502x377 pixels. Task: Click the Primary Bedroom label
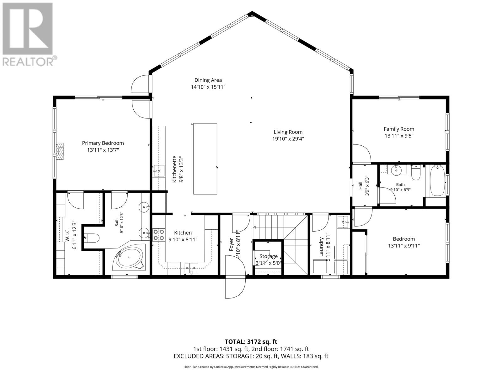point(103,143)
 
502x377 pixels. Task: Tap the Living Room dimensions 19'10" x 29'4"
point(288,139)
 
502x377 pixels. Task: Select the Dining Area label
point(208,80)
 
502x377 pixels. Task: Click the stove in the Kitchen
point(159,235)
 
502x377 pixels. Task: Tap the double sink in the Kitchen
point(191,267)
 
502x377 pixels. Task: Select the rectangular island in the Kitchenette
point(205,159)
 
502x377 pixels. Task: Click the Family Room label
point(399,129)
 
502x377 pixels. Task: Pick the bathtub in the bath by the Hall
point(437,181)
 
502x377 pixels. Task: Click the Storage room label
point(269,256)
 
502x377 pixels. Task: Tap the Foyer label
point(231,245)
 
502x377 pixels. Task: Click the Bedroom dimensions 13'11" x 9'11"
point(404,246)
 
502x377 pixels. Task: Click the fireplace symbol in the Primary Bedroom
point(60,151)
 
